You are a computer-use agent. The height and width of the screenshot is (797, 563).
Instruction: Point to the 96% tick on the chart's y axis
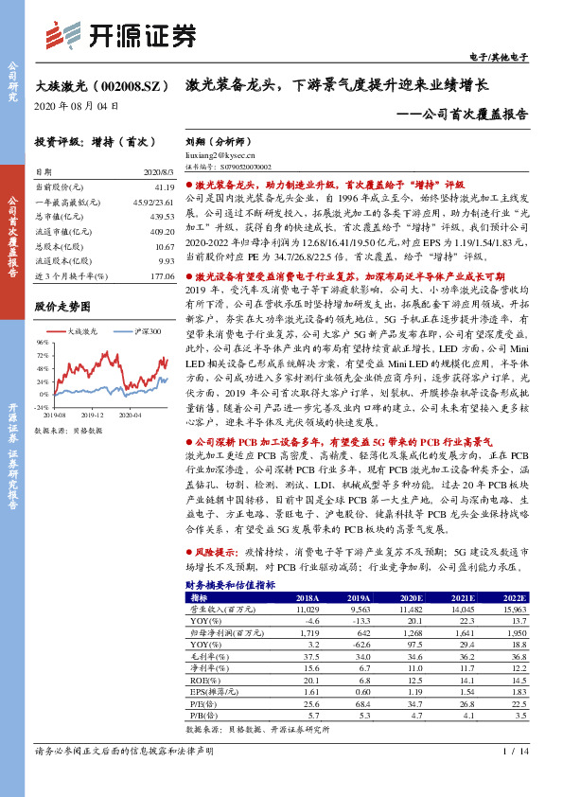coord(41,342)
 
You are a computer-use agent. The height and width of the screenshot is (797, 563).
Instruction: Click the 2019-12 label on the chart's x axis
coord(92,414)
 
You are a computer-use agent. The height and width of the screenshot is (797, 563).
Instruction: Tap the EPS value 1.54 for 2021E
coord(464,692)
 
